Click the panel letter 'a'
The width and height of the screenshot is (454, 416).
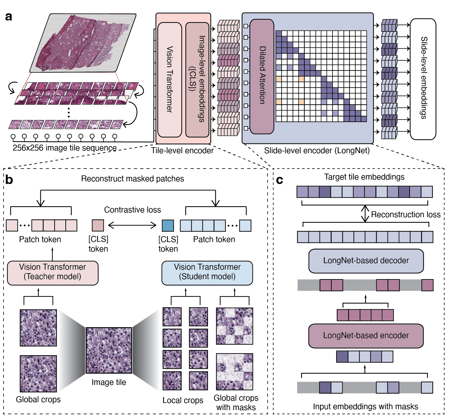[9, 17]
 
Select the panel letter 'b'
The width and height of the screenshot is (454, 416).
[9, 180]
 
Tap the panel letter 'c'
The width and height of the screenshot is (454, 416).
[279, 180]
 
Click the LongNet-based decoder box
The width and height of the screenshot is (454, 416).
[366, 261]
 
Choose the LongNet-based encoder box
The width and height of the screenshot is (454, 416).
[366, 336]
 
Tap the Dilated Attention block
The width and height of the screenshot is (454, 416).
[262, 76]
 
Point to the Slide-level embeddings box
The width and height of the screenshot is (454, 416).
[423, 79]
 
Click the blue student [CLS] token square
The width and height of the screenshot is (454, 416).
[168, 225]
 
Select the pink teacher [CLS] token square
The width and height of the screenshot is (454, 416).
[98, 225]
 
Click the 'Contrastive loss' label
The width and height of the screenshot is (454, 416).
[132, 210]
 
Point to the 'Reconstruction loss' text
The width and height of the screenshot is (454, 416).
[405, 215]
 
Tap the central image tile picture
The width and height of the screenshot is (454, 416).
[109, 350]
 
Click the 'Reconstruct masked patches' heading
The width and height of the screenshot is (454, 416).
[132, 179]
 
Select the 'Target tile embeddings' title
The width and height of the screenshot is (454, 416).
[364, 177]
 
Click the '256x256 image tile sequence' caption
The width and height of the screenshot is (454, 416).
[65, 148]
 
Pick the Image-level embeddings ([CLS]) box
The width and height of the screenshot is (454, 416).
[197, 79]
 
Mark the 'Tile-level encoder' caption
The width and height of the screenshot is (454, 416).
[182, 151]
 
